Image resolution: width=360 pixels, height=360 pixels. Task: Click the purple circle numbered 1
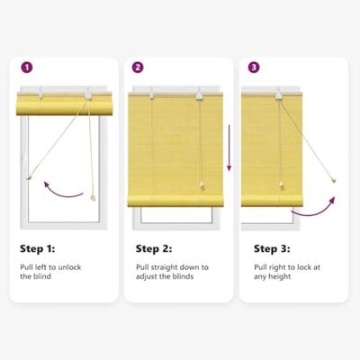27,67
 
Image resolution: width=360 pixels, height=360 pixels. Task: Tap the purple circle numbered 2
138,67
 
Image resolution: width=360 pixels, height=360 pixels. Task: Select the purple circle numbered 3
254,67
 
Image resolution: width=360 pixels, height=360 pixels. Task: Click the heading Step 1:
38,249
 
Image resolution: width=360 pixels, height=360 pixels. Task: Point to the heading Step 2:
154,249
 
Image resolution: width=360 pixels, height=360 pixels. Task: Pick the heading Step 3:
272,249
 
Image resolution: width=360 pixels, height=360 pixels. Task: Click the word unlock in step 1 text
70,267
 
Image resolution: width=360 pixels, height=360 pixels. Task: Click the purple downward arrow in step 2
229,148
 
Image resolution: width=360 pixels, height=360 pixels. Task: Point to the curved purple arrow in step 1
62,192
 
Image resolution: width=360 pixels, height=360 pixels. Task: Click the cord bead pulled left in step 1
29,177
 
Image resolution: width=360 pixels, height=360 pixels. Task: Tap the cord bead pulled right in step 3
334,181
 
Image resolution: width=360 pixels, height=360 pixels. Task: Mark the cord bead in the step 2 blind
202,186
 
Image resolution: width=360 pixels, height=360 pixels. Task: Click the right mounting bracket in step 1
88,94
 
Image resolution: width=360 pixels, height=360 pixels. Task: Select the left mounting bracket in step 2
152,94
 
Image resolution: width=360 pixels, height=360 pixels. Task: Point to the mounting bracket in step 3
279,94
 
